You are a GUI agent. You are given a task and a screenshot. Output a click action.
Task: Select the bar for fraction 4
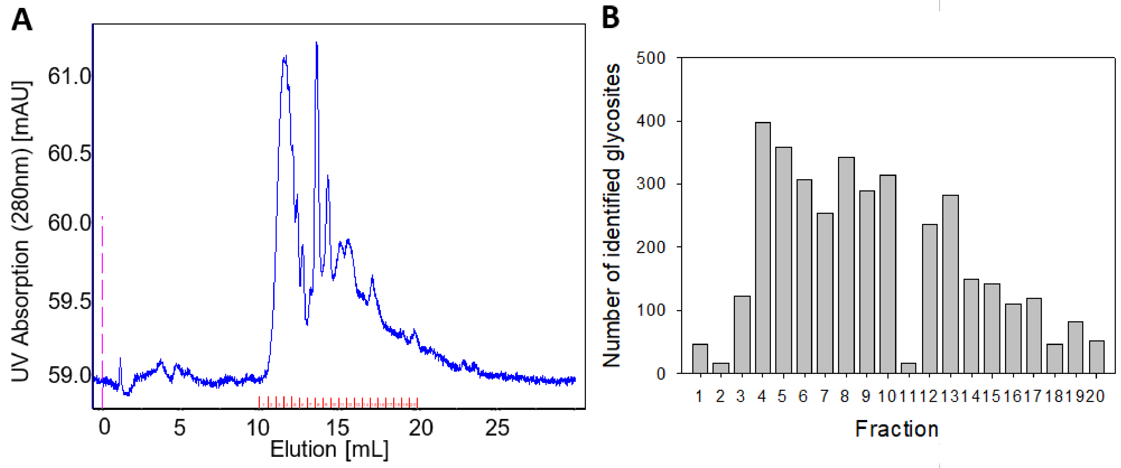pos(762,248)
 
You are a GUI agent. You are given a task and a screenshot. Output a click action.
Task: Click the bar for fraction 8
pos(846,265)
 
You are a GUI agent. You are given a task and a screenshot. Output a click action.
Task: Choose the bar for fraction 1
pos(700,359)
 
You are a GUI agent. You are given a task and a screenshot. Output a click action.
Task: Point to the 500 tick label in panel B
pos(651,58)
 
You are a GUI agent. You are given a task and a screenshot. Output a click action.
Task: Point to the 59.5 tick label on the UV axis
pos(69,301)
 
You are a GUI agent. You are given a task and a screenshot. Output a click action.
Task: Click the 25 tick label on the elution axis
pos(497,428)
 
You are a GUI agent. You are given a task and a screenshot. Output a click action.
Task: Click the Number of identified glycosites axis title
pos(612,215)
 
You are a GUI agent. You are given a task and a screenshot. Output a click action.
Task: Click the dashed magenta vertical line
pos(102,304)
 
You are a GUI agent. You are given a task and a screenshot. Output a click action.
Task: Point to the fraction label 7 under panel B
pos(824,396)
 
